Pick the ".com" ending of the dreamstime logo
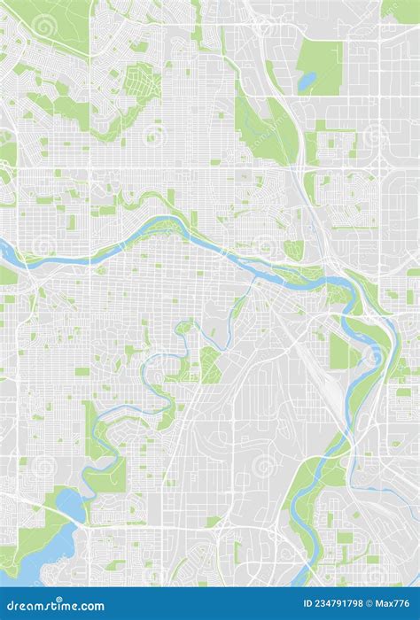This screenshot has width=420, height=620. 89,606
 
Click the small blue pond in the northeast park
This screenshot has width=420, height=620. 307,81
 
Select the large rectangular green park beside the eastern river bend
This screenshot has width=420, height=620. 341,351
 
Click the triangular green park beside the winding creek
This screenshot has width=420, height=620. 210,363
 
